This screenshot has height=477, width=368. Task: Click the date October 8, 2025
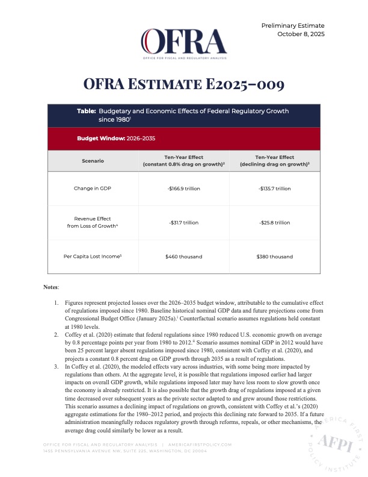point(301,34)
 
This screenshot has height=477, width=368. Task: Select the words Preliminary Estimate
point(293,25)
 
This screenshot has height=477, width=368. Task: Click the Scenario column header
point(93,161)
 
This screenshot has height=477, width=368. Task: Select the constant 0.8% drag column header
point(183,161)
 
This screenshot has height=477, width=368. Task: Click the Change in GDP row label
point(93,189)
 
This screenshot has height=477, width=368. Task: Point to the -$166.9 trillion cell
point(183,189)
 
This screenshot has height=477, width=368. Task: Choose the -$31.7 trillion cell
point(183,223)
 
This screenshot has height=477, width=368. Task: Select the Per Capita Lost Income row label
point(93,257)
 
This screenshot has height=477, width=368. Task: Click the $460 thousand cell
point(183,257)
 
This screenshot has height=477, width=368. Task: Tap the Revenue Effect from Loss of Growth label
point(93,223)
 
